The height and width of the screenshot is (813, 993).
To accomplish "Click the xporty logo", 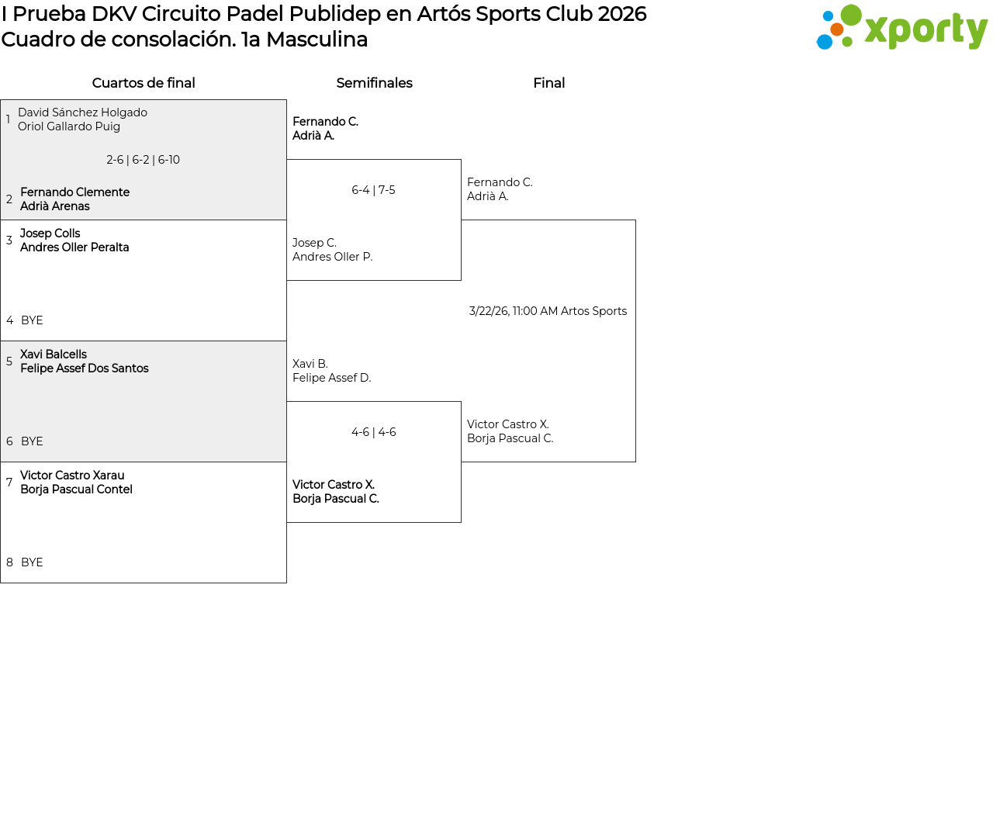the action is pos(901,27).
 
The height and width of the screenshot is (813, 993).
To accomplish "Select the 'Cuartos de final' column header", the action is pos(144,83).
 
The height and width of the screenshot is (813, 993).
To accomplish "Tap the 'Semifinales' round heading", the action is pos(375,83).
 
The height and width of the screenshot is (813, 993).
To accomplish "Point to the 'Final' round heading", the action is pos(548,83).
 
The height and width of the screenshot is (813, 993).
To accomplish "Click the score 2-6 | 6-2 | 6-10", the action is pos(144,160).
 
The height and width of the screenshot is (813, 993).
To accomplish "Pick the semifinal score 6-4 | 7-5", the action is pos(373,190).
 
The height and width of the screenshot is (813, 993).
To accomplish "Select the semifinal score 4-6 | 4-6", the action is pos(374,431).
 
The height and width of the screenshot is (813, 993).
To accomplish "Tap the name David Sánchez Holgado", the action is pos(82,112).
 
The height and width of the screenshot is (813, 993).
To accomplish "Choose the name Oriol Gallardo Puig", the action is pos(69,126).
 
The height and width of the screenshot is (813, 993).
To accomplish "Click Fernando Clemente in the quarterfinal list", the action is pos(75,192).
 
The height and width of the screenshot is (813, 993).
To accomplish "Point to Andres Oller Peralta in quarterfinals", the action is pos(74,247).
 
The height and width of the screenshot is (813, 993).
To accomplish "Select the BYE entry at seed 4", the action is pos(32,320).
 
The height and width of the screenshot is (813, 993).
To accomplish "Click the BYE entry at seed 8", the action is pos(32,562).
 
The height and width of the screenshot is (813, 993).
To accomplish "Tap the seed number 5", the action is pos(9,361).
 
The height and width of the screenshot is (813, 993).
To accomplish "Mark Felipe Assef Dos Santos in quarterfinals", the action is pos(85,368).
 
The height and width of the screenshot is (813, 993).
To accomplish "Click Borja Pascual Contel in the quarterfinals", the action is pos(76,489).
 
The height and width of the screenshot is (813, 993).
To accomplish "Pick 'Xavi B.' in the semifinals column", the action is pos(310,363).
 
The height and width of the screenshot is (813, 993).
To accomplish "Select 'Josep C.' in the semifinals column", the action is pos(314,243).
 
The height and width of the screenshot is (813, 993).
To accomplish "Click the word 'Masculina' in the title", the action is pos(317,39).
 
